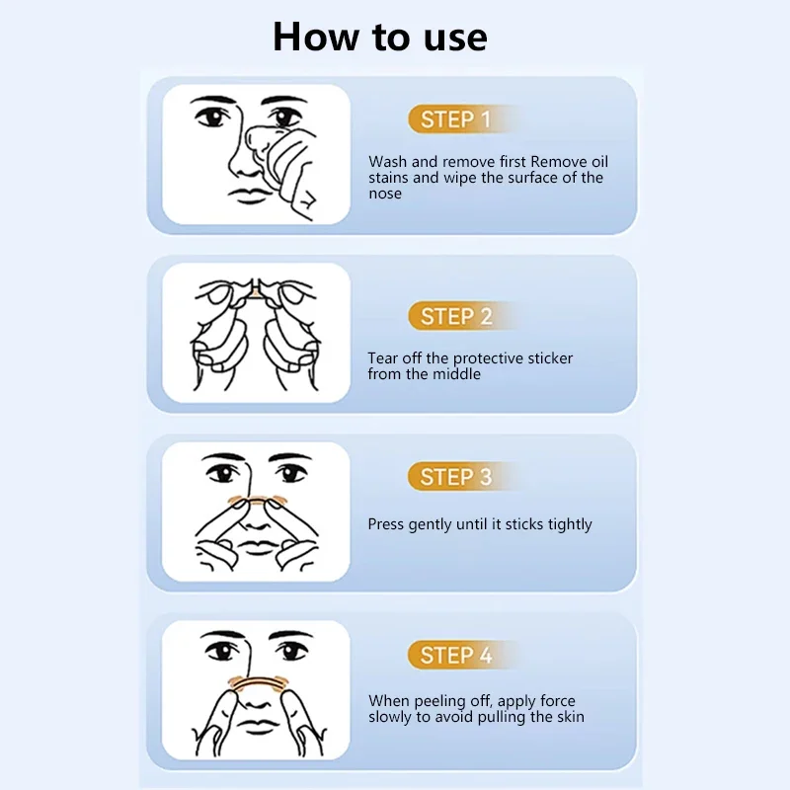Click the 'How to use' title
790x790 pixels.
tap(380, 37)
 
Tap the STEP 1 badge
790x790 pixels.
tap(456, 119)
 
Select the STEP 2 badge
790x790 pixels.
tap(456, 316)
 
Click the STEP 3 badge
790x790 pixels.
tap(456, 477)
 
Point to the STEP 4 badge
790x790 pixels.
tap(456, 656)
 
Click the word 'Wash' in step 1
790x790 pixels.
tap(388, 162)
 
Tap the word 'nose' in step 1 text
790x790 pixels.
tap(385, 194)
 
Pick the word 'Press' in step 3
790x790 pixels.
tap(386, 524)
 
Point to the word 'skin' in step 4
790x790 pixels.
tap(571, 717)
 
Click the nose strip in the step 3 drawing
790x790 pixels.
tap(257, 502)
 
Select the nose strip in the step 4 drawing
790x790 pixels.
tap(257, 681)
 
